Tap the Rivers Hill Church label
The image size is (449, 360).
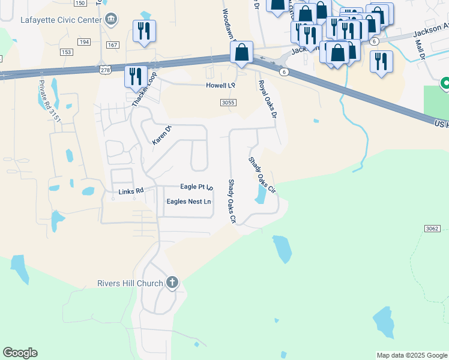(130, 283)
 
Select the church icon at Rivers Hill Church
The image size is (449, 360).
(172, 283)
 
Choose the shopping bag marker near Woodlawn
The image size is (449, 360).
(241, 53)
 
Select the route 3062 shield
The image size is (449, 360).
(433, 229)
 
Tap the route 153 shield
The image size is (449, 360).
(67, 52)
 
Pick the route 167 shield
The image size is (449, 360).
(113, 45)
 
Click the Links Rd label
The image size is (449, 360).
(131, 191)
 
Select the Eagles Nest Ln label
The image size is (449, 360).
(188, 202)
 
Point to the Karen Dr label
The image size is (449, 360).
(161, 134)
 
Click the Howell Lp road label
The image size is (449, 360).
(220, 86)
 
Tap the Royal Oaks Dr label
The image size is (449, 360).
(269, 99)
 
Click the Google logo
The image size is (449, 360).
(20, 353)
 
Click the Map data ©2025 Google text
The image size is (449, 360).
(411, 355)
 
